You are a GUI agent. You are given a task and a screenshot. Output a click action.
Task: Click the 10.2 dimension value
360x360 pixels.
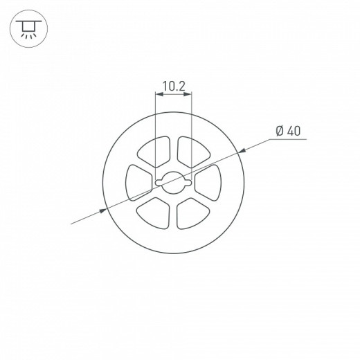click(173, 87)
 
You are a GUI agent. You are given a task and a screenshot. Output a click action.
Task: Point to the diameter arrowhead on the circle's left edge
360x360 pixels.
click(107, 209)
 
